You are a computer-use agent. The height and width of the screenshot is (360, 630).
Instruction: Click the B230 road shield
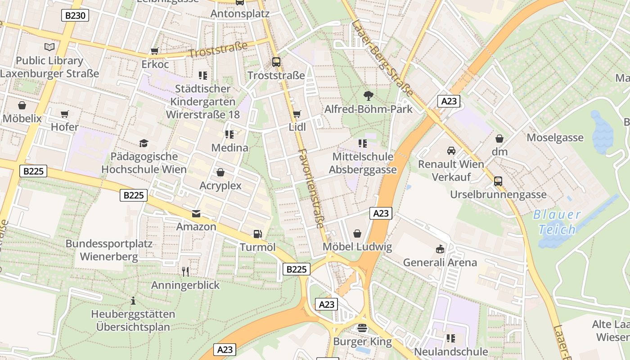click(75, 16)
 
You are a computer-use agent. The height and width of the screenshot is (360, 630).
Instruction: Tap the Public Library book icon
click(49, 47)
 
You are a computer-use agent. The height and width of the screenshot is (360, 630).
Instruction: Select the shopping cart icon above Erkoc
click(155, 51)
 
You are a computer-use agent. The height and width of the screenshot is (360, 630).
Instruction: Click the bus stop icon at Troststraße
click(276, 62)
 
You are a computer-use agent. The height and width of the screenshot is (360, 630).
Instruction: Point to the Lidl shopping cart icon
click(297, 114)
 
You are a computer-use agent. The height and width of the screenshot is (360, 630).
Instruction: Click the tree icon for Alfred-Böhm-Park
click(368, 95)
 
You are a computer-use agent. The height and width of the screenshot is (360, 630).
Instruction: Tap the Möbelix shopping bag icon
click(22, 105)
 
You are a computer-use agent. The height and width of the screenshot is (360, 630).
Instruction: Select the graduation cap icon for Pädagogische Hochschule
click(144, 143)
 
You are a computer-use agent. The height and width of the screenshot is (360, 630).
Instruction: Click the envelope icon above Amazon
click(196, 213)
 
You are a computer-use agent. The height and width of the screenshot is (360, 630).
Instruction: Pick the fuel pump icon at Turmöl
click(257, 234)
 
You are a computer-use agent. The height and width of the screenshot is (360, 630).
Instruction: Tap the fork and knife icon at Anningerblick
click(185, 271)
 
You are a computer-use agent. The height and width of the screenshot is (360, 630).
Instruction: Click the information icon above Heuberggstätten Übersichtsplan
click(133, 300)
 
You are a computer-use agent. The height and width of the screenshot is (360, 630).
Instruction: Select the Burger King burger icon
click(362, 328)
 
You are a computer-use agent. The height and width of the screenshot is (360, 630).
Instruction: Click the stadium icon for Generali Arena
click(440, 249)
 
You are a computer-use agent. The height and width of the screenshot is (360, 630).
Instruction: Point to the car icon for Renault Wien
click(451, 151)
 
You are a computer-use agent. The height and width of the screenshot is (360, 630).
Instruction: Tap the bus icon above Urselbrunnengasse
click(498, 181)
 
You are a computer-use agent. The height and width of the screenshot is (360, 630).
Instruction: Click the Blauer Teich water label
click(557, 222)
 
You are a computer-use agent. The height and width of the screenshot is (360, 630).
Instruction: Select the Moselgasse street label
click(555, 138)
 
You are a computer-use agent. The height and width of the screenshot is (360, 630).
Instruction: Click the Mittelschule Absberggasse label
click(363, 163)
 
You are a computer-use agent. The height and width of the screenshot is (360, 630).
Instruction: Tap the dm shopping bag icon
click(499, 139)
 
